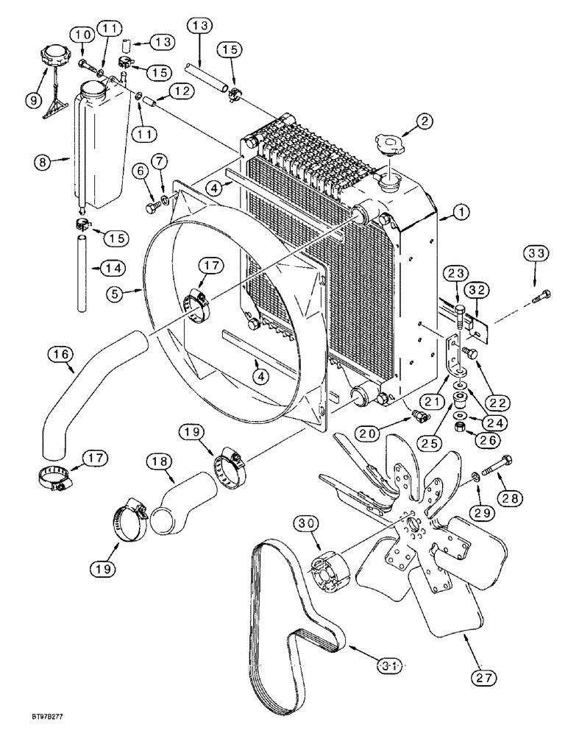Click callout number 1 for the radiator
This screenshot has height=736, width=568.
coord(461,213)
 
